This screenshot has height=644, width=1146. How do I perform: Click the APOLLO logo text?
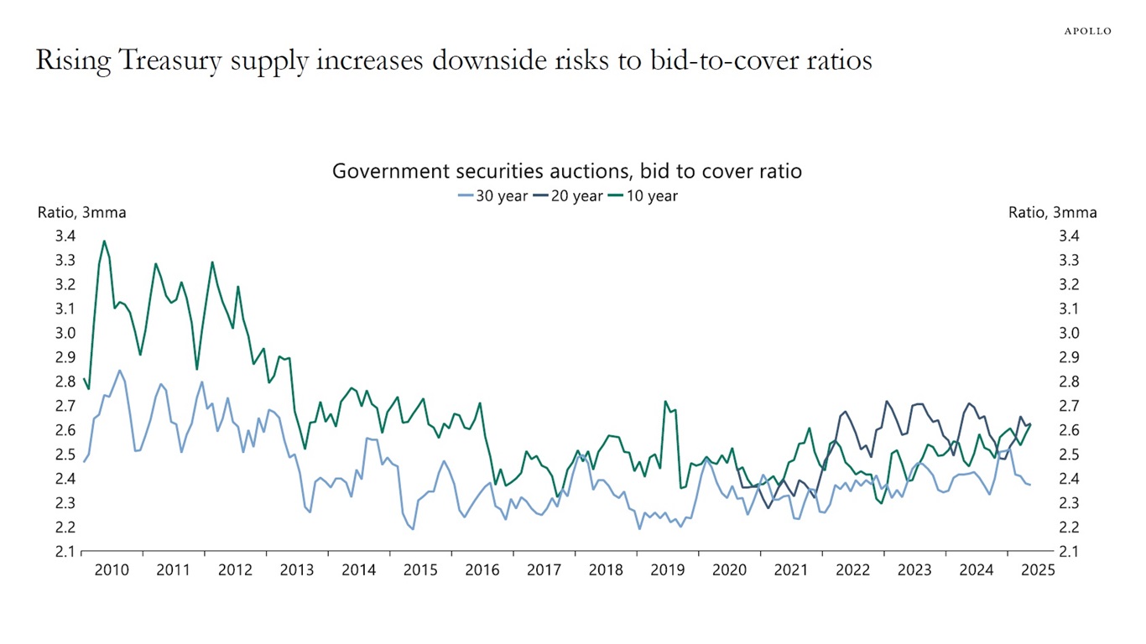coord(1087,31)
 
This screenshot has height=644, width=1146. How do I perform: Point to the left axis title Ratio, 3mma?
coord(81,213)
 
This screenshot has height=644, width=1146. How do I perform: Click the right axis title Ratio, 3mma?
coord(1052,213)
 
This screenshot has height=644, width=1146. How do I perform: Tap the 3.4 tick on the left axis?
coord(65,236)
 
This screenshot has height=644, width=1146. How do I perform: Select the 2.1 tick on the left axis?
coord(65,552)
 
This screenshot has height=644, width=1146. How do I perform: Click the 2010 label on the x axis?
coord(112,571)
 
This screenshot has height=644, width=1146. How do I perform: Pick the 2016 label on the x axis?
coord(482,571)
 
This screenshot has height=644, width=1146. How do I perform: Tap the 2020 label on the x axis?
coord(729,571)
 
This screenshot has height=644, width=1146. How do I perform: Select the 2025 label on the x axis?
coord(1038,571)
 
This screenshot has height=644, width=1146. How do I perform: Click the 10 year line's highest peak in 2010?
coord(104,241)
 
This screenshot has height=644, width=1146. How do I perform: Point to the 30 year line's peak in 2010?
coord(120,371)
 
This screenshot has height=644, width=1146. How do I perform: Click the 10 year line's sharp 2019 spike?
coord(665,402)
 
